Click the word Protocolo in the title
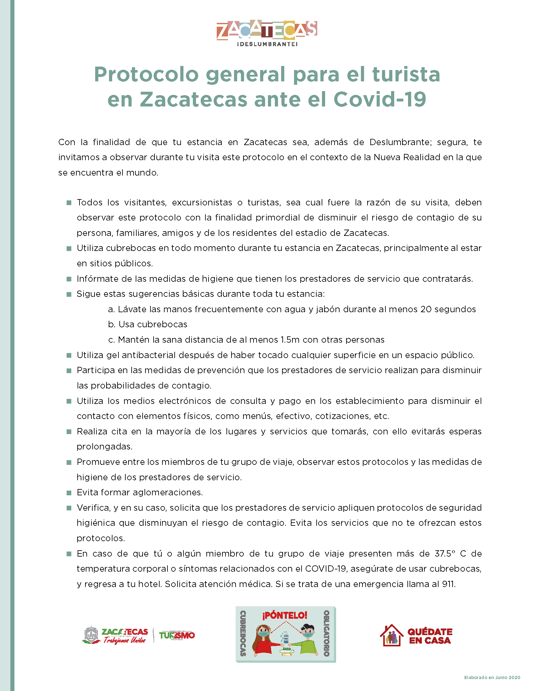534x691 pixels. [x=146, y=75]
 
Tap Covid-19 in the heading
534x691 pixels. [x=380, y=99]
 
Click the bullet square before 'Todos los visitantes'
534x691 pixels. [x=69, y=203]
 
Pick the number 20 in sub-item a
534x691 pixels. [x=426, y=309]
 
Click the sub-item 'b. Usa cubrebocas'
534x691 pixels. [x=148, y=324]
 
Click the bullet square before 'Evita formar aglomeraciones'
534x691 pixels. [x=69, y=492]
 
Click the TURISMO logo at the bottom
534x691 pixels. [x=177, y=635]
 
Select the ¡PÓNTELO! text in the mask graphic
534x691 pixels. [x=285, y=615]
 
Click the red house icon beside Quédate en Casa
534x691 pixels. [x=392, y=635]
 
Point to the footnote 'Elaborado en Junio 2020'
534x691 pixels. [x=492, y=677]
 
